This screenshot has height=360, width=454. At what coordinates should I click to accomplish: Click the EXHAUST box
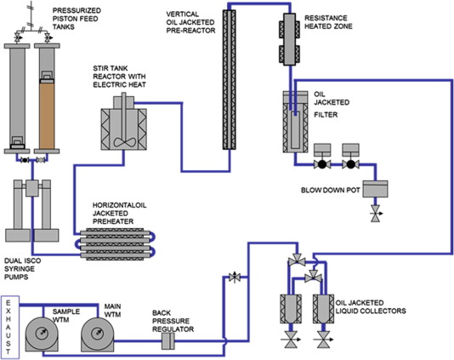(10, 328)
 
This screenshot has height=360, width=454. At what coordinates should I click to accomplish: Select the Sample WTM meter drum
(43, 334)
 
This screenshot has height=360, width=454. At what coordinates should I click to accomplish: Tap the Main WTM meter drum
(97, 334)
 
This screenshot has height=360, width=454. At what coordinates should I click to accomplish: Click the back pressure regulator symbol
(168, 341)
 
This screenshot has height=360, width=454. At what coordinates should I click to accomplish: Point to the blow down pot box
(375, 189)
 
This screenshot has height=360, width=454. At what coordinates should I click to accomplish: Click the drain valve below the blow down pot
(376, 214)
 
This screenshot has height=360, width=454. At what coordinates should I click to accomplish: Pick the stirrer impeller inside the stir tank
(124, 142)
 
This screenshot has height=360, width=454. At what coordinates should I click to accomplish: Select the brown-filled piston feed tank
(47, 116)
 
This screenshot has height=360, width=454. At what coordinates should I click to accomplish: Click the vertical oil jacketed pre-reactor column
(229, 80)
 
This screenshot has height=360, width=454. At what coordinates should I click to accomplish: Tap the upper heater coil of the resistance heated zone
(290, 29)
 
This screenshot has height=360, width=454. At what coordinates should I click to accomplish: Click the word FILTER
(326, 115)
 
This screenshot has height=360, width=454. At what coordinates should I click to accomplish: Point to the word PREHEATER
(113, 221)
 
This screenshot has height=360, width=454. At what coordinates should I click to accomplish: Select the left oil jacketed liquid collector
(291, 309)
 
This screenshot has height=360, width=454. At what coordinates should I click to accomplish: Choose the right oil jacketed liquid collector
(324, 309)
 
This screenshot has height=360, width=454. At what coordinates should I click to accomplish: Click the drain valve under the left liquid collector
(291, 340)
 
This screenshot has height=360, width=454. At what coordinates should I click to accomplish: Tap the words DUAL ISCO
(23, 260)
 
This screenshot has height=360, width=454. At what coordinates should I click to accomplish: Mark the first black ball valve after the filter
(322, 164)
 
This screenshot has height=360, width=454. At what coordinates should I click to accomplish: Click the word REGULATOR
(173, 329)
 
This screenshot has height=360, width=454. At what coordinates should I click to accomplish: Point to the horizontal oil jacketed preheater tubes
(116, 244)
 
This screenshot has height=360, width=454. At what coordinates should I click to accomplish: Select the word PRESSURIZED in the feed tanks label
(77, 10)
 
